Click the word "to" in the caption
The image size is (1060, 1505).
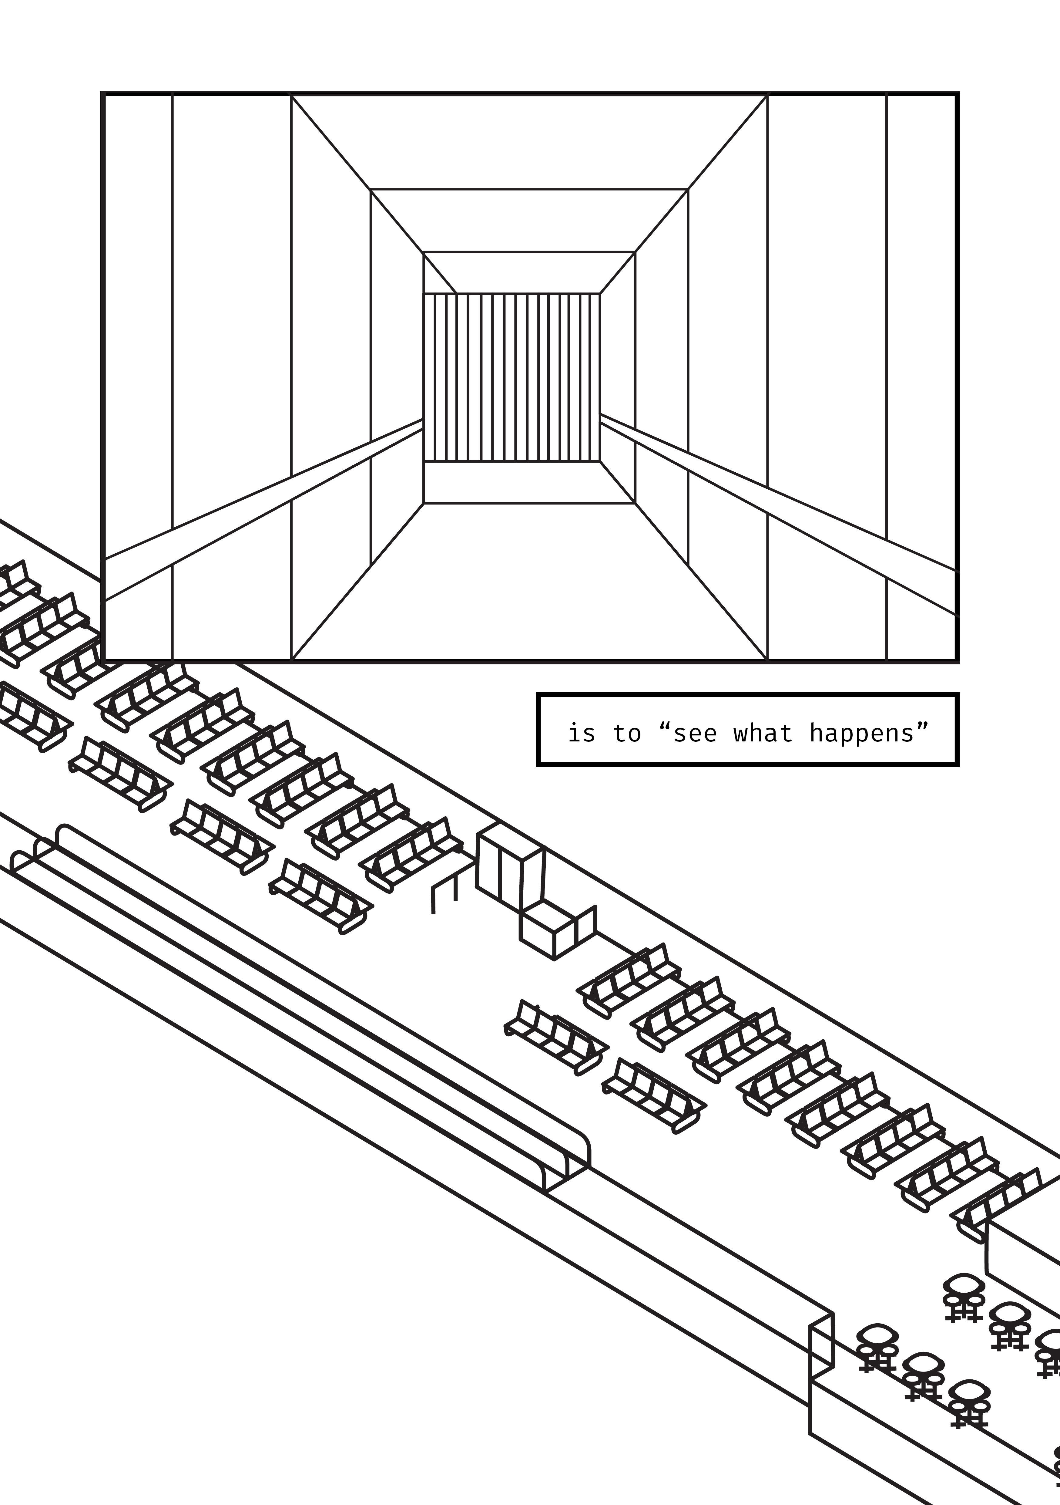pyautogui.click(x=627, y=733)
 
